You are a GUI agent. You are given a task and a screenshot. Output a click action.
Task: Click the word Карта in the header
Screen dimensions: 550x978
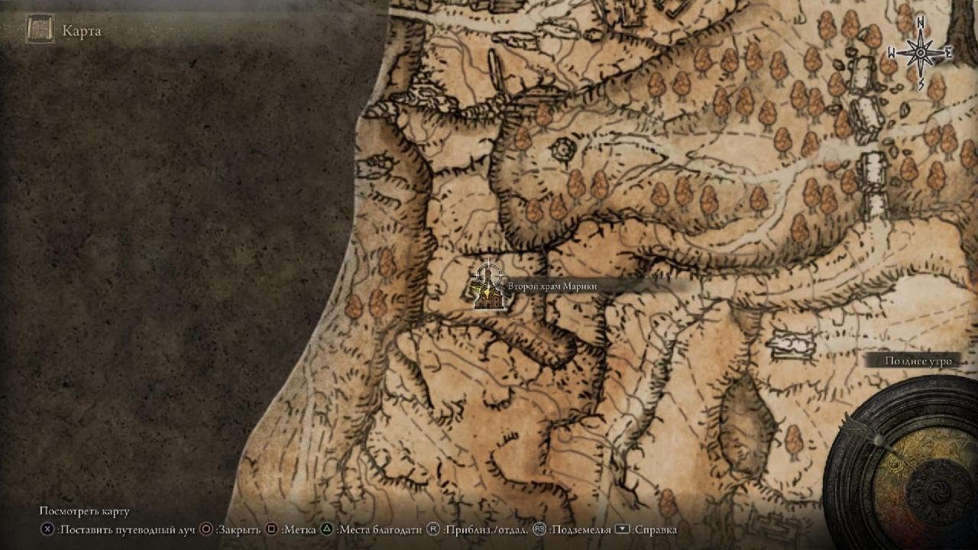[x=82, y=31]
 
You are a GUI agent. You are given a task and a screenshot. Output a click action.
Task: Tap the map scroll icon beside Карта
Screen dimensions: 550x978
[x=40, y=29]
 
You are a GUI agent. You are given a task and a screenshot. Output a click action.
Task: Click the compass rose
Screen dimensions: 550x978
[x=921, y=53]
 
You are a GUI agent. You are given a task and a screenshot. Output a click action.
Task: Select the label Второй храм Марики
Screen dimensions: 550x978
[x=552, y=286]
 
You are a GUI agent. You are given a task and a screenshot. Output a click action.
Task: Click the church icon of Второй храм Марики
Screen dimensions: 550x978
[x=489, y=299]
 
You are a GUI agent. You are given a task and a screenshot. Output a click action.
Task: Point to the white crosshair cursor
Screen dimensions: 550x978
[x=489, y=274]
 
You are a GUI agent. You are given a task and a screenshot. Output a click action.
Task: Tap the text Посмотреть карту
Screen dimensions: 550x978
[x=85, y=511]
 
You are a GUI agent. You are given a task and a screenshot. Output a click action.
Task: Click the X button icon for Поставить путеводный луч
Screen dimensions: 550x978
[x=47, y=529]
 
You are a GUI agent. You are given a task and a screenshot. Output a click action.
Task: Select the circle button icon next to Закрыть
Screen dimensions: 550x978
[x=206, y=529]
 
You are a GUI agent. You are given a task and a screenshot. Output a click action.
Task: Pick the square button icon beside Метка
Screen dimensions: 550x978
[x=271, y=529]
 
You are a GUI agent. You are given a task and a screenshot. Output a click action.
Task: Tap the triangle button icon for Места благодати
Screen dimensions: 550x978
[x=327, y=529]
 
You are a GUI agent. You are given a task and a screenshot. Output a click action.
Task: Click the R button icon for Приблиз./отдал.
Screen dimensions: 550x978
[x=433, y=529]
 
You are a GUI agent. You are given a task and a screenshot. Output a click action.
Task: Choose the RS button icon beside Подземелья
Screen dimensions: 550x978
[x=539, y=529]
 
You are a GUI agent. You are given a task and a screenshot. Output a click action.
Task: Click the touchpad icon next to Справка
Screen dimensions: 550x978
[x=622, y=529]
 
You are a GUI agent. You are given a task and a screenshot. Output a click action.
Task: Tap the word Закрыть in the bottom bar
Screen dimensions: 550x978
[x=238, y=529]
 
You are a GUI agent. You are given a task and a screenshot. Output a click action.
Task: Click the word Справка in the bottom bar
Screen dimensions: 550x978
[x=656, y=529]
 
